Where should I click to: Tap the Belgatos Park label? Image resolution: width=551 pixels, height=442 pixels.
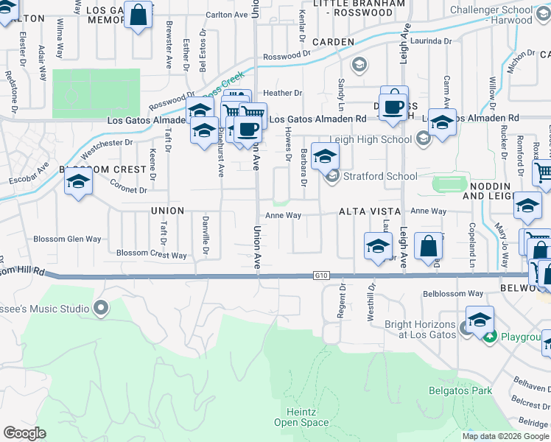[x=460, y=390]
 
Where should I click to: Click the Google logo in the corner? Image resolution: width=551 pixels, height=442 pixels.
[x=24, y=433]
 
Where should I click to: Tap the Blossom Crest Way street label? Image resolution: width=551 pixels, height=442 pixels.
[x=152, y=255]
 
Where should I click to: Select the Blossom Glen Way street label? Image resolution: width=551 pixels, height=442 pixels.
[x=68, y=239]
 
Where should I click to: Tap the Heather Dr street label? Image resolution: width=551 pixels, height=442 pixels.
[x=283, y=94]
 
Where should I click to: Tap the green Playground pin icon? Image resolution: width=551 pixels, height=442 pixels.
[x=490, y=337]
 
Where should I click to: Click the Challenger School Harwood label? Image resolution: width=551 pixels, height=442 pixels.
[x=500, y=15]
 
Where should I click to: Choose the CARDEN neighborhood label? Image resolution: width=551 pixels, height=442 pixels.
[x=333, y=42]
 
